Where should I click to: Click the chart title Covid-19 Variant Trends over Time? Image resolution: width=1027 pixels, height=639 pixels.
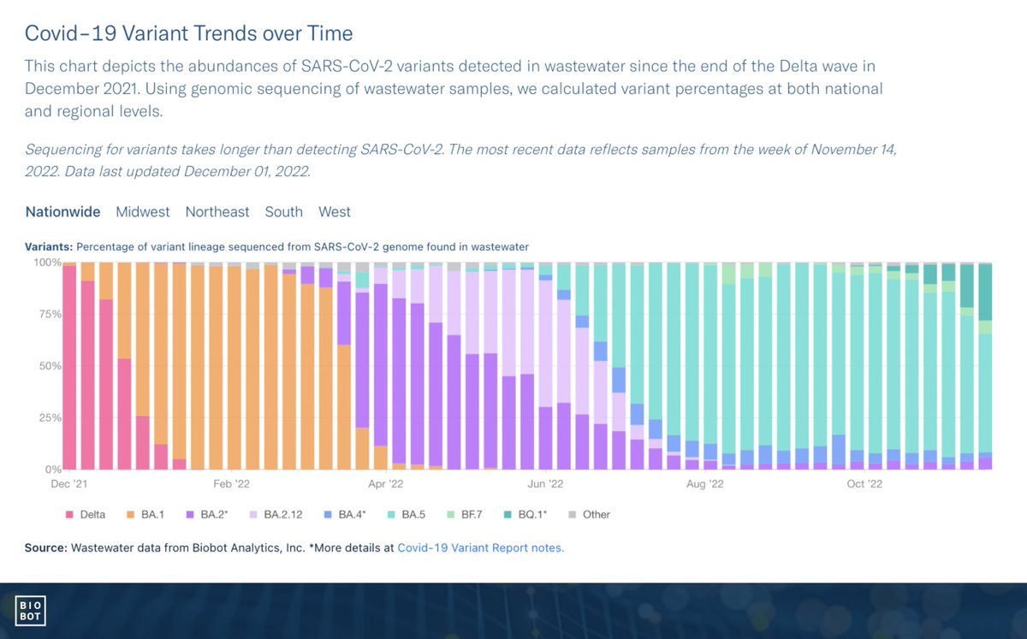(x=188, y=34)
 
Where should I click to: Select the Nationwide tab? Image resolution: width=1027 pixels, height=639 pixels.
(x=62, y=211)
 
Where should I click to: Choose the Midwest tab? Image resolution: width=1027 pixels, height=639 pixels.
(x=143, y=211)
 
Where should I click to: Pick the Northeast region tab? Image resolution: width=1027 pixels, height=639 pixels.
(x=217, y=211)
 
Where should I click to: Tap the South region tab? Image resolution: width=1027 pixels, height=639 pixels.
(x=283, y=211)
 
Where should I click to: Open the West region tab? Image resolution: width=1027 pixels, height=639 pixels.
(x=335, y=211)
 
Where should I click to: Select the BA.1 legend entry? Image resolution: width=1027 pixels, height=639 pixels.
(x=152, y=514)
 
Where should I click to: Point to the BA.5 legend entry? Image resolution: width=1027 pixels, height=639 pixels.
(x=415, y=514)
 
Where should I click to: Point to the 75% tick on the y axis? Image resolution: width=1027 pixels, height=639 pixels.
(x=48, y=314)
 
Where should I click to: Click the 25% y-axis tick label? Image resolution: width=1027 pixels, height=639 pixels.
(x=48, y=417)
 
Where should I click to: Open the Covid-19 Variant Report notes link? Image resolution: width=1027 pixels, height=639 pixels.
(x=480, y=547)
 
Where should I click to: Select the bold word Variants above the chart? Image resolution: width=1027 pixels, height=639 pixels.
(x=49, y=246)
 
